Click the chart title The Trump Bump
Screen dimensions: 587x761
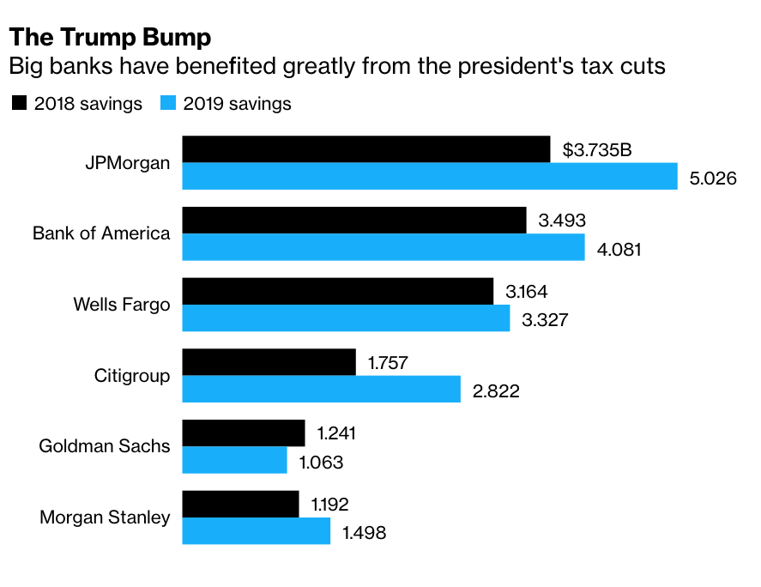click(x=110, y=38)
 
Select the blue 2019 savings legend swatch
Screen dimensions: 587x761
click(x=168, y=104)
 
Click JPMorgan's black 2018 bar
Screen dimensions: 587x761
click(x=366, y=149)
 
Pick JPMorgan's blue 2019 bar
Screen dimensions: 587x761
click(x=430, y=177)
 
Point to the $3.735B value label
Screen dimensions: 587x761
click(x=597, y=150)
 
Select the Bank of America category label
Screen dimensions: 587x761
click(x=101, y=233)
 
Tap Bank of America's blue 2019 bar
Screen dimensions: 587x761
click(x=384, y=248)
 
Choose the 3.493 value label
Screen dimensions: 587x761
click(x=562, y=221)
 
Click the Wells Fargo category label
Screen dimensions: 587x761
click(x=122, y=305)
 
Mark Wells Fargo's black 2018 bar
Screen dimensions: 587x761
click(x=338, y=291)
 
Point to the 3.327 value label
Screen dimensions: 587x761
click(x=545, y=320)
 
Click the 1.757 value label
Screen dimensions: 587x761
click(x=388, y=362)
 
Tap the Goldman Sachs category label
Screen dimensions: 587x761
click(x=105, y=446)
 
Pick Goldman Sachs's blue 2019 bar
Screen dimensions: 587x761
click(x=235, y=460)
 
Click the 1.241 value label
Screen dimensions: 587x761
click(x=336, y=433)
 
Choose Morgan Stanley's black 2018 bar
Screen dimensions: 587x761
click(x=241, y=504)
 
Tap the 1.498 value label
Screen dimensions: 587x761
click(x=365, y=533)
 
